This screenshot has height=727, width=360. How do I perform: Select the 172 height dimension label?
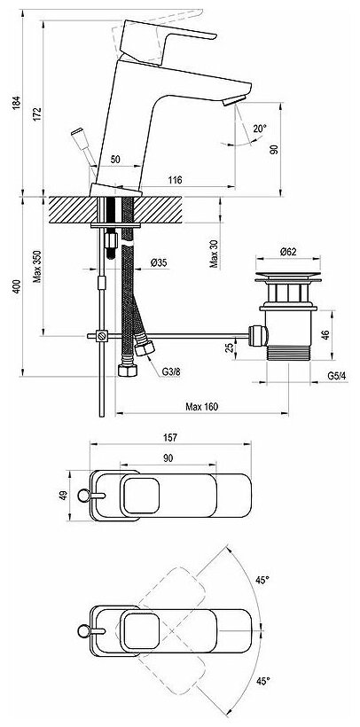point(37,114)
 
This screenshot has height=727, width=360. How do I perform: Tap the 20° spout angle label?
point(260,129)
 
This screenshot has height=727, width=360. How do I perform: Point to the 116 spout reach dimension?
point(175,180)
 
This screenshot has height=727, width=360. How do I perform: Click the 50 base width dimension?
point(116,160)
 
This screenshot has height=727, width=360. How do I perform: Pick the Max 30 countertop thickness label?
point(214,254)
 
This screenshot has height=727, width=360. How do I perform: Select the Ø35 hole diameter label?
point(159,263)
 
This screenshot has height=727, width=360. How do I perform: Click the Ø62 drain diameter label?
point(288,252)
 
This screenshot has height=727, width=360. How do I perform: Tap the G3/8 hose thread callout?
point(171,371)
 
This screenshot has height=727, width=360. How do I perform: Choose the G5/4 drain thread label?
point(337,376)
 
